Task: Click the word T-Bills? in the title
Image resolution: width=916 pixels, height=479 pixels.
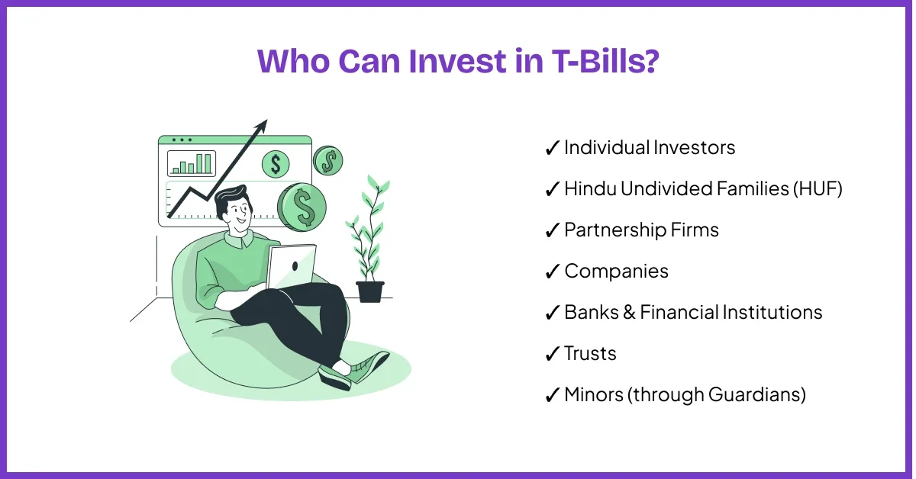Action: click(x=605, y=61)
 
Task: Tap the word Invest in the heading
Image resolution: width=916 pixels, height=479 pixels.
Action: click(x=458, y=61)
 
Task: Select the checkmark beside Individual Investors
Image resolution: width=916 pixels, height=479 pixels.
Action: click(x=552, y=147)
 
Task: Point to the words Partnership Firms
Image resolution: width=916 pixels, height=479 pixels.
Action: click(x=641, y=230)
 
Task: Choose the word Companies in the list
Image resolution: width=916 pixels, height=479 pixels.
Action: click(x=616, y=272)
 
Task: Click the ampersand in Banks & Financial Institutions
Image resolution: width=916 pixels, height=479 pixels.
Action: click(x=629, y=312)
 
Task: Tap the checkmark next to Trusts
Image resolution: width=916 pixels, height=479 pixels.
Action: click(x=552, y=353)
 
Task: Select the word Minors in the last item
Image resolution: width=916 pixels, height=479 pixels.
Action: click(x=594, y=394)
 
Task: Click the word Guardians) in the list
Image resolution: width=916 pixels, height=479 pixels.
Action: click(x=757, y=395)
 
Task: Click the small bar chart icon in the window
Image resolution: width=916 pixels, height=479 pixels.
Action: click(x=192, y=163)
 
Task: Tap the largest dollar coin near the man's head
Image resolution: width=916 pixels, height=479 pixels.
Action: click(x=302, y=207)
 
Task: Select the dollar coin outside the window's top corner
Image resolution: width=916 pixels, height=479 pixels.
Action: click(x=328, y=160)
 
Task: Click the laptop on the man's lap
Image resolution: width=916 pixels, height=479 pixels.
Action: click(x=291, y=266)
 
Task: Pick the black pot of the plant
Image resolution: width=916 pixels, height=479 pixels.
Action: click(x=370, y=291)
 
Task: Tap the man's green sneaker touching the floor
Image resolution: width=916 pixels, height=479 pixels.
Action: click(x=334, y=377)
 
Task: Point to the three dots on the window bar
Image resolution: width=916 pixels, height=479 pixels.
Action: click(x=182, y=140)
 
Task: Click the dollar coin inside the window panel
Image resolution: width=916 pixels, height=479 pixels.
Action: click(x=276, y=164)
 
